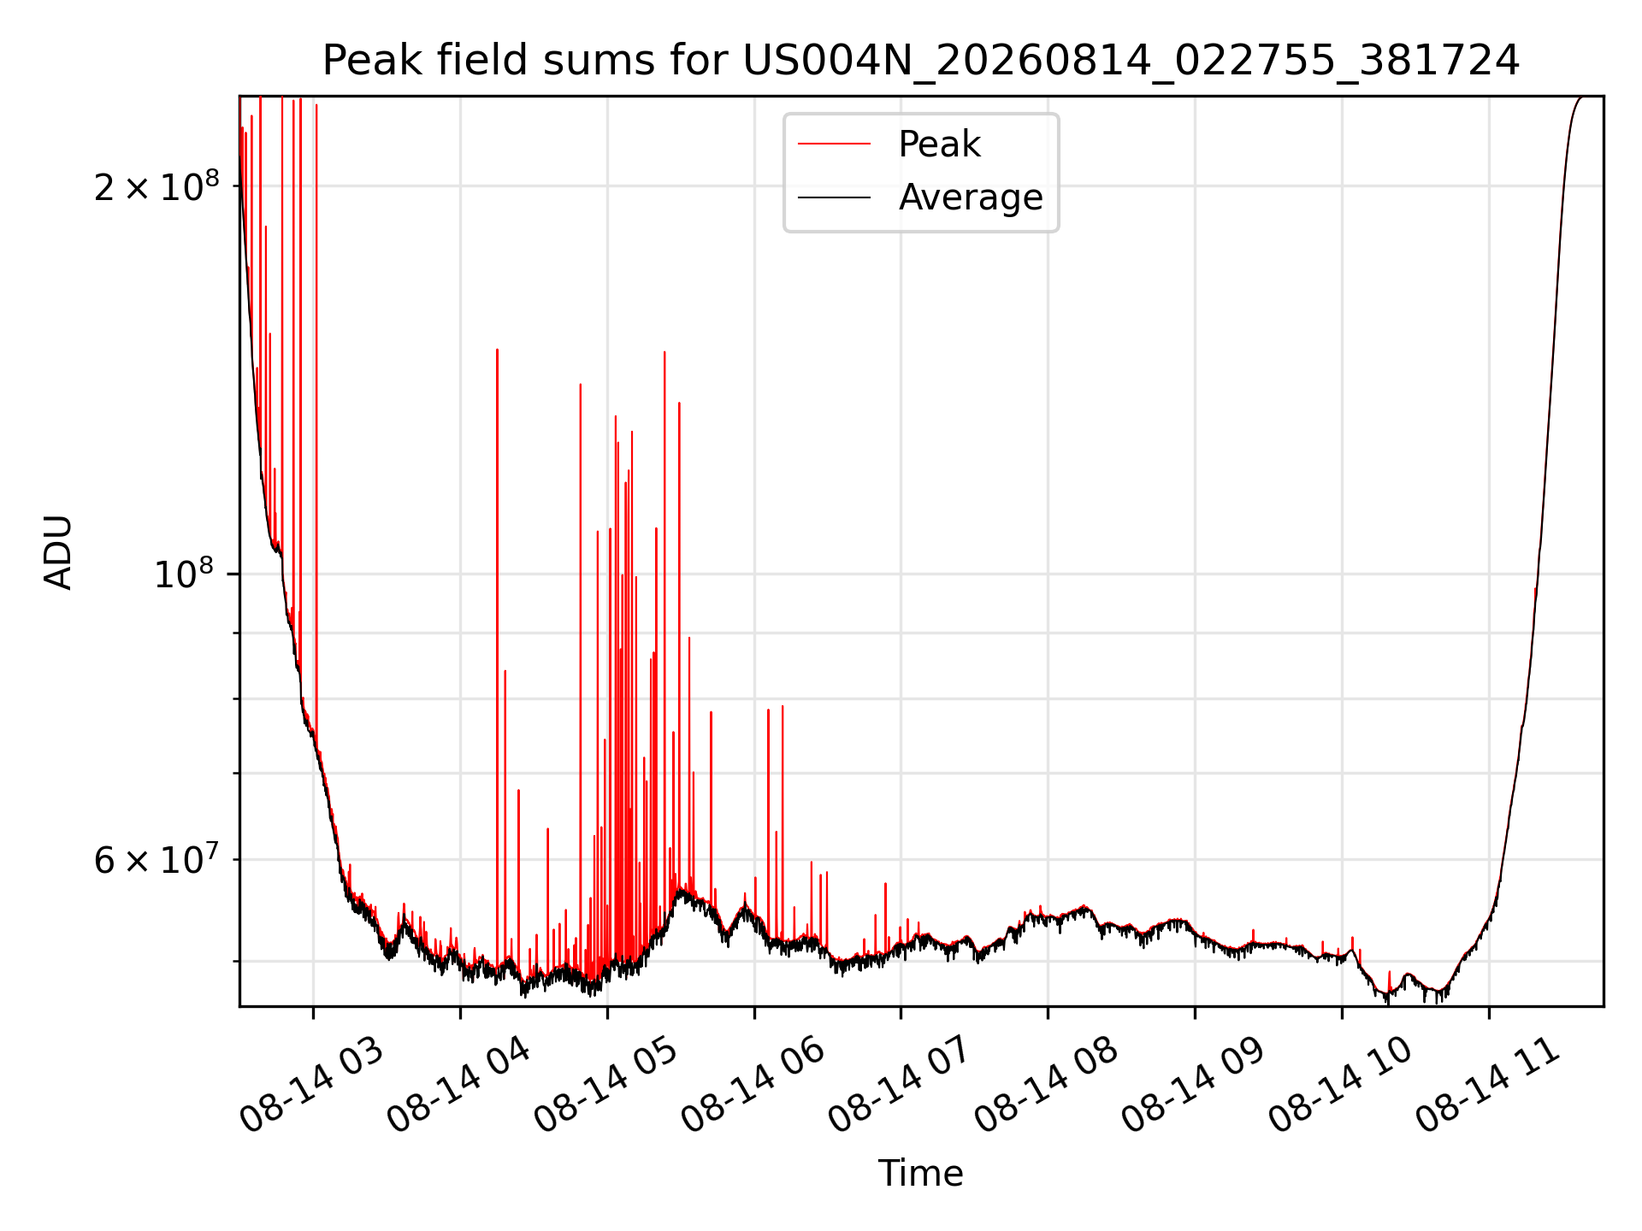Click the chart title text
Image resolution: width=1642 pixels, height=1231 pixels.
point(921,61)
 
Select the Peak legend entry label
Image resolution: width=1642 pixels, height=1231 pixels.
point(939,144)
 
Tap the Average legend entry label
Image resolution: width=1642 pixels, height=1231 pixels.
point(971,197)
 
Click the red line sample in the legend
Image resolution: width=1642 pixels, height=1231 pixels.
point(834,144)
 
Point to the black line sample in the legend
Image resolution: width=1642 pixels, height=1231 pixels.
point(834,197)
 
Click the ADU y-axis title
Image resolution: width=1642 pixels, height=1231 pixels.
point(58,551)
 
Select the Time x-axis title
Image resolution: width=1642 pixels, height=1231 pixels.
point(921,1174)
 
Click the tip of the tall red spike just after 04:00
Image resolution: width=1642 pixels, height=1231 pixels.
point(497,349)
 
